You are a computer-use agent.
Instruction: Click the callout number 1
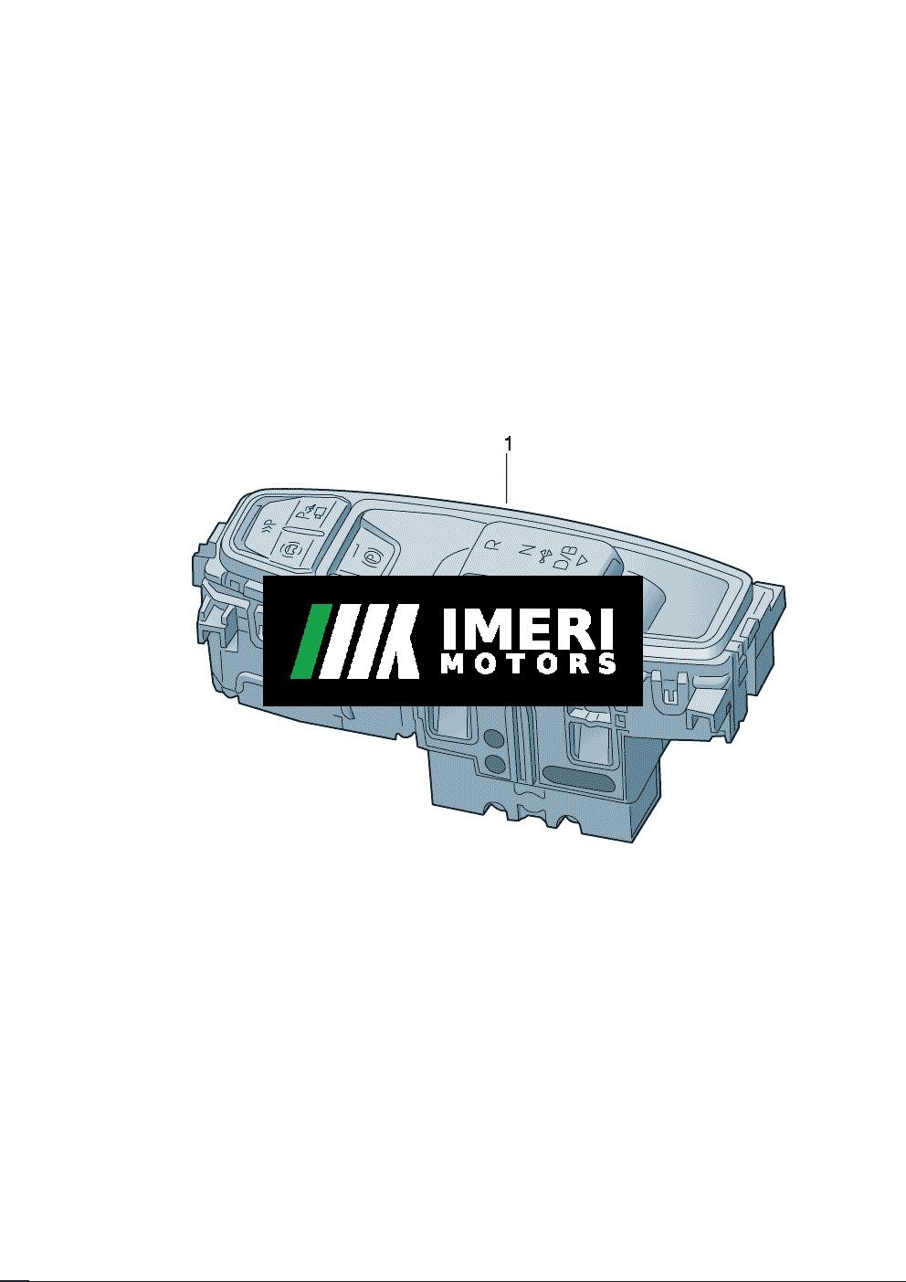(508, 443)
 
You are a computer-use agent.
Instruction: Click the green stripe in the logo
(310, 641)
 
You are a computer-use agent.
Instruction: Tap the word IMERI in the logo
(527, 628)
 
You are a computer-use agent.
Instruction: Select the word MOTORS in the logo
(530, 664)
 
